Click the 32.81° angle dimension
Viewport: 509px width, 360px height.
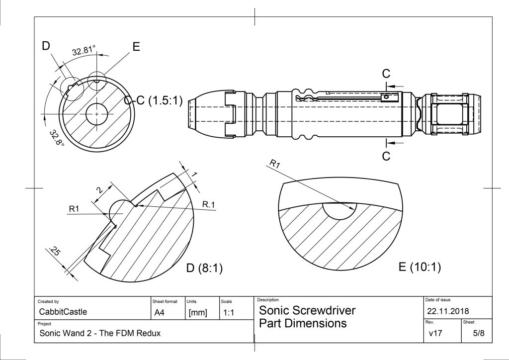point(84,50)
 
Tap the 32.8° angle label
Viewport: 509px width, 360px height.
point(57,138)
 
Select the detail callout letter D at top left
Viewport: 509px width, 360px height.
point(46,46)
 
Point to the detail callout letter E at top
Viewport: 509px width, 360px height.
point(136,47)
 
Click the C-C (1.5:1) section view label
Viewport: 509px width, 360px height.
point(153,100)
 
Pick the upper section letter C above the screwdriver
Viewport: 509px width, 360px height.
point(386,74)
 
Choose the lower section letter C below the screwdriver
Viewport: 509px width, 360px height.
point(386,156)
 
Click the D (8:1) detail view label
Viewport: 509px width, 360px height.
point(204,268)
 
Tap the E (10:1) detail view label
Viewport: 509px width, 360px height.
point(420,267)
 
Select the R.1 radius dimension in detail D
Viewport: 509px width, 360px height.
point(208,204)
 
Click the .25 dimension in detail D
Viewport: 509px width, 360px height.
point(54,251)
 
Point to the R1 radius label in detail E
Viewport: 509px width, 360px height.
point(274,164)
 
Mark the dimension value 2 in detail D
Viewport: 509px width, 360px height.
point(99,190)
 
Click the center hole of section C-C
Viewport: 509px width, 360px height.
point(97,114)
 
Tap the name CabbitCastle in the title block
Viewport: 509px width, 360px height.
point(63,312)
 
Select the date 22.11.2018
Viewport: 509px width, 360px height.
point(448,311)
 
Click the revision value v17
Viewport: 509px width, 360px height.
point(435,333)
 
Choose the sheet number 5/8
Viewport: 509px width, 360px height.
point(479,333)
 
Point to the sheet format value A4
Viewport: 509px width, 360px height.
point(160,313)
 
